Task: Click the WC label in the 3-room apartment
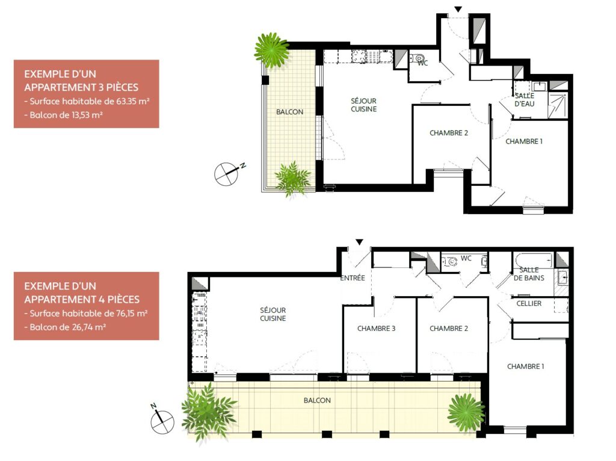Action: point(423,63)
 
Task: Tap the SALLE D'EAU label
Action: point(525,100)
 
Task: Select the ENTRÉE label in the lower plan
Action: point(353,278)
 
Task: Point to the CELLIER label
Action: point(529,303)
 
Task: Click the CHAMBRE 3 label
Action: point(377,329)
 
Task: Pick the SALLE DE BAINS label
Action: point(529,274)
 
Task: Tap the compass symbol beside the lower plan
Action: point(162,420)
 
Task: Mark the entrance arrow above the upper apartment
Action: point(458,9)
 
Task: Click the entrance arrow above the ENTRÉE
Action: point(359,242)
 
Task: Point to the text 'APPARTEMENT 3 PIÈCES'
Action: point(81,87)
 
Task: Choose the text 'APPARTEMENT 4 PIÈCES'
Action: point(82,300)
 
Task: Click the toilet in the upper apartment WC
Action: point(417,58)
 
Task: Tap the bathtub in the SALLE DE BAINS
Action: point(534,260)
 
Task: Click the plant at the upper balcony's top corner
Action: point(272,51)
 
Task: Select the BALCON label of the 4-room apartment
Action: point(317,400)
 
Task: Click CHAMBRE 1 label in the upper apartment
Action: point(524,141)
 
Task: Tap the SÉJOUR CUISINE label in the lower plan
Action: point(273,314)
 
